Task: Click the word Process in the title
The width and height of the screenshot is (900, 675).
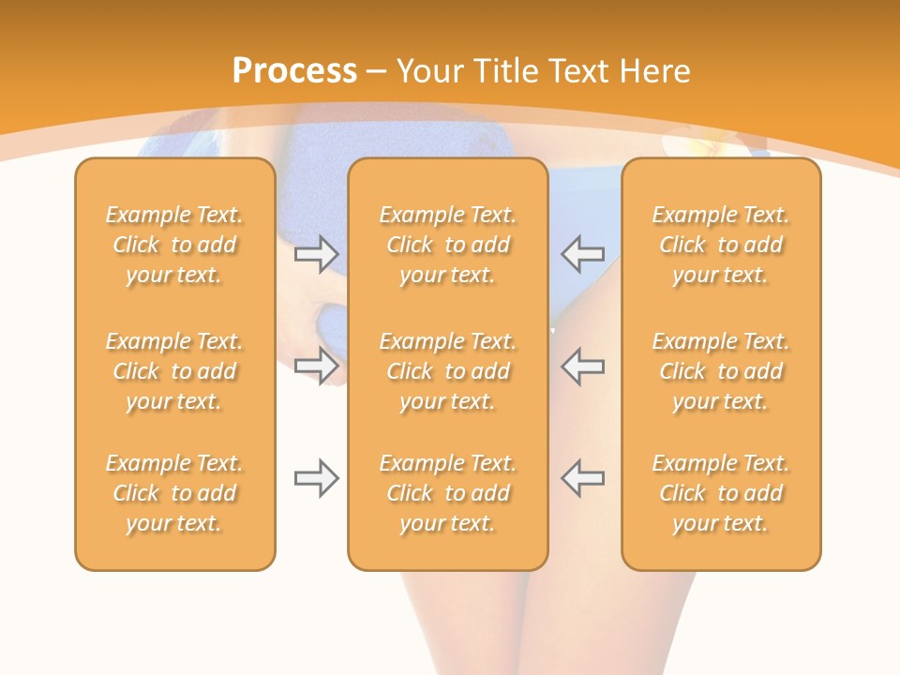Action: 294,71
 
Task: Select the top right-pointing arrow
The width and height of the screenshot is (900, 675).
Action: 317,254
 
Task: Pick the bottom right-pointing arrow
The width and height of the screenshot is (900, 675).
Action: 317,479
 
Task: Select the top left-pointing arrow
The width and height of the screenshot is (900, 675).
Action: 582,254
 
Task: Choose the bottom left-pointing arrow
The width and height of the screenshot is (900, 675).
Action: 582,477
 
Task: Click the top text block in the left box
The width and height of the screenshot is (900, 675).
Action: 174,245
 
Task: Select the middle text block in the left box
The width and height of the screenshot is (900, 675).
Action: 174,371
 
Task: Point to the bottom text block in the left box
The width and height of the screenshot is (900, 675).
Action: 174,493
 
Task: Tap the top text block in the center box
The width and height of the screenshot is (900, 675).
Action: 447,245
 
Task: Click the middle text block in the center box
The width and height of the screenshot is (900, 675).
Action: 447,371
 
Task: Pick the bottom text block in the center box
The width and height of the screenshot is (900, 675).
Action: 447,493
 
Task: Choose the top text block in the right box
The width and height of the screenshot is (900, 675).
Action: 721,245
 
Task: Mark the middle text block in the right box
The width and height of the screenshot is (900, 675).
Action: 721,371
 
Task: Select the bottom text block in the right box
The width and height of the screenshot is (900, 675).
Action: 721,493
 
